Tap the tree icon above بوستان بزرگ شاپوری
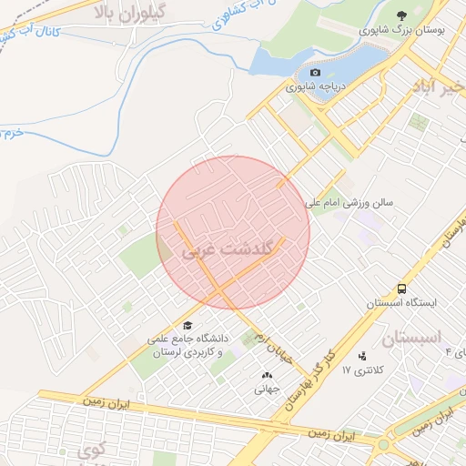coord(401,15)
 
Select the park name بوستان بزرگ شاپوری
coord(402,30)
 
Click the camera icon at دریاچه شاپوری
coord(316,73)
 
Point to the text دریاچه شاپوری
coord(315,88)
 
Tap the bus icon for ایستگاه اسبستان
coord(401,288)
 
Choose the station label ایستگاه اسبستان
coord(401,302)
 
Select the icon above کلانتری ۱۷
coord(363,356)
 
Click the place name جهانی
coord(268,389)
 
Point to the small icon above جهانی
coord(267,374)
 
